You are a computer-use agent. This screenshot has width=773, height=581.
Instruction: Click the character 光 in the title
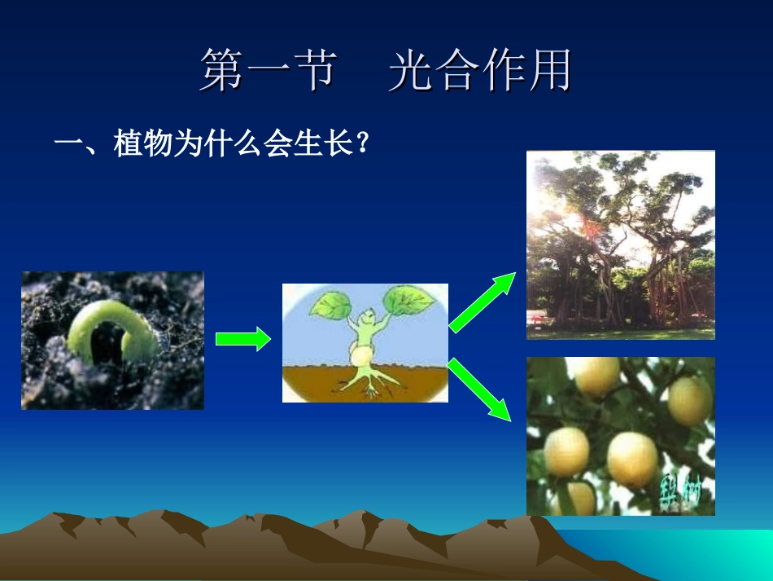[409, 71]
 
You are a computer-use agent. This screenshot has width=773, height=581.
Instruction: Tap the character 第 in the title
[222, 71]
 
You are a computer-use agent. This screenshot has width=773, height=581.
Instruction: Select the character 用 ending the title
[549, 71]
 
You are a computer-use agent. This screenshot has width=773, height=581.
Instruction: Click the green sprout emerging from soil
[106, 330]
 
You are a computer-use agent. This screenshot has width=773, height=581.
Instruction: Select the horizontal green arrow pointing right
[242, 338]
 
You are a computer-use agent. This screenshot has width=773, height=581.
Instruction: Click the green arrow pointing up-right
[482, 302]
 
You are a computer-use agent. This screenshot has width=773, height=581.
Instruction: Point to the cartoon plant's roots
[370, 381]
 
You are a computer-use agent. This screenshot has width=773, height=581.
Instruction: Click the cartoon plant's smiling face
[366, 318]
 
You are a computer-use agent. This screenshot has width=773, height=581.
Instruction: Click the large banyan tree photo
[620, 244]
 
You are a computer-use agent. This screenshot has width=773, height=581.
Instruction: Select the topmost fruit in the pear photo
[596, 374]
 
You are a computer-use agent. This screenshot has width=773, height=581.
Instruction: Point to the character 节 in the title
[314, 71]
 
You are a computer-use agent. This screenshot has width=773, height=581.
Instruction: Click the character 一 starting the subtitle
[68, 147]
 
